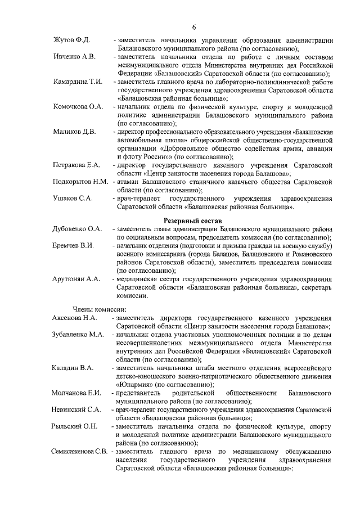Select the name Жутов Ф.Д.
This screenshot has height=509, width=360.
point(71,41)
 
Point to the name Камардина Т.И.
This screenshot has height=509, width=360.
point(78,82)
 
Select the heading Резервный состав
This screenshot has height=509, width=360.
point(193,220)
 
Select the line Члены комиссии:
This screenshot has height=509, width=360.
point(100,309)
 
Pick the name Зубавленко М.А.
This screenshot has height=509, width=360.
point(78,335)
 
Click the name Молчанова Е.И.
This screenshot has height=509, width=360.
point(76,393)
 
